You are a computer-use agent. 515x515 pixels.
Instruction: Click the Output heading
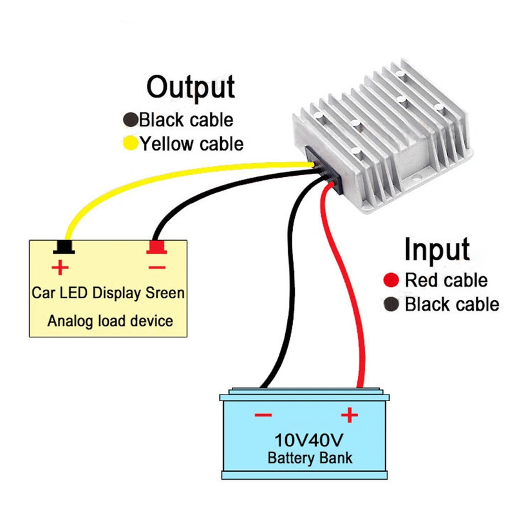(x=191, y=87)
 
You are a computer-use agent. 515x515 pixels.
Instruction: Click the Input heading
(x=436, y=249)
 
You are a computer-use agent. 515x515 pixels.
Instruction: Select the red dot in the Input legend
(x=389, y=281)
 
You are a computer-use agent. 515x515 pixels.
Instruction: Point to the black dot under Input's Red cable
(x=389, y=304)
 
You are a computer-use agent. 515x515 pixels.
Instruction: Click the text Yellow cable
(x=192, y=144)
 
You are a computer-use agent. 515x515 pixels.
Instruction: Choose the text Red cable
(x=445, y=281)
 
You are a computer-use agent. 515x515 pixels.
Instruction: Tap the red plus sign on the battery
(x=348, y=415)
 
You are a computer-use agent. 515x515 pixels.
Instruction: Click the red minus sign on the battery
(x=263, y=416)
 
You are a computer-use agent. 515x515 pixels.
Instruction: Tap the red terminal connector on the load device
(x=156, y=247)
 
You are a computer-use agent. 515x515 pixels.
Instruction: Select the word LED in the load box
(x=74, y=294)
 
